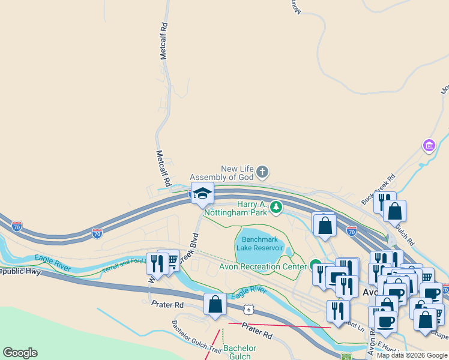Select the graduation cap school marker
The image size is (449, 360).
coord(202,194)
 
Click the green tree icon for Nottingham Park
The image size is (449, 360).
coord(276,208)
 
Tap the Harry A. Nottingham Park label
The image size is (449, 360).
coord(236,208)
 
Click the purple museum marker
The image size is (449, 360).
coord(429,146)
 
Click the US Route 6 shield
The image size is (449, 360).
coord(248,309)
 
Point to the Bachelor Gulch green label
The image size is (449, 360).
coord(240,352)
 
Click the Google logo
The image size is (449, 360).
coord(20,353)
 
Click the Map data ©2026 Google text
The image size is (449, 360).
coord(412,355)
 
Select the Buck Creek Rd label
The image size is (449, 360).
coord(378,188)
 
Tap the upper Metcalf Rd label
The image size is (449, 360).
coord(163,41)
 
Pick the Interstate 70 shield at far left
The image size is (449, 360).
coord(17,226)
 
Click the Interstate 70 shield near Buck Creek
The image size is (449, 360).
coord(352,231)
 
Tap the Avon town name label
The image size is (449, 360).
coord(369,292)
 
